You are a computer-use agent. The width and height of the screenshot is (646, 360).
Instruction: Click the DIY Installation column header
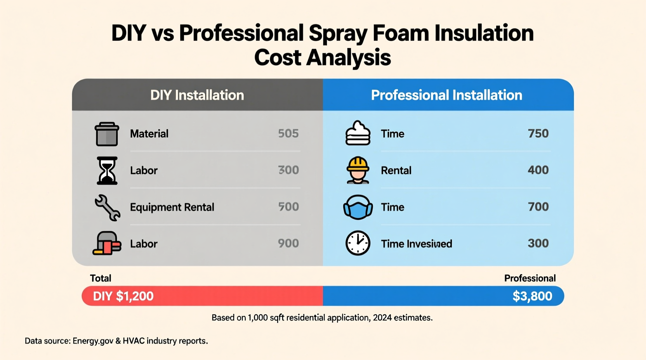(x=197, y=95)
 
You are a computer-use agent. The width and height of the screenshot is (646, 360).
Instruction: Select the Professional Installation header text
(x=446, y=95)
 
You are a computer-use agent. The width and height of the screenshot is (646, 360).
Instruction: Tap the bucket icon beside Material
(x=107, y=134)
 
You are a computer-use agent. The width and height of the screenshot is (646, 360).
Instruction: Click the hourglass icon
(x=107, y=170)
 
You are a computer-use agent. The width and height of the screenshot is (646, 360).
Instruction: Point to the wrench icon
(x=108, y=207)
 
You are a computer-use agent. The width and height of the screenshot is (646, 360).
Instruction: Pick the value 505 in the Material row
(x=288, y=133)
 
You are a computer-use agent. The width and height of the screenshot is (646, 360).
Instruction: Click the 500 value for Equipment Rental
(x=288, y=207)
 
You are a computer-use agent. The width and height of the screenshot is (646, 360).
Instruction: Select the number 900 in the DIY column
(x=288, y=243)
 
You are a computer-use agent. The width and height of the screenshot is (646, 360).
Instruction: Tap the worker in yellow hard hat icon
(x=358, y=170)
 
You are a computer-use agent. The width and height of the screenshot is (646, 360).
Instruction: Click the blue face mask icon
(x=358, y=207)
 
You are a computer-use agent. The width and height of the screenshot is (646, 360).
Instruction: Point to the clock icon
(x=358, y=243)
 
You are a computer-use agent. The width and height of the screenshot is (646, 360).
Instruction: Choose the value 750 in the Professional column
(x=538, y=133)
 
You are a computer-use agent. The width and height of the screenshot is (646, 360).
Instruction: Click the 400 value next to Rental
(x=538, y=170)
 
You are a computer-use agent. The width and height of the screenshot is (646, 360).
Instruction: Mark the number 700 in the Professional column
(x=538, y=207)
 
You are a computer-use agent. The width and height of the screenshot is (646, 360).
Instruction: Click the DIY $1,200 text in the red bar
(x=123, y=296)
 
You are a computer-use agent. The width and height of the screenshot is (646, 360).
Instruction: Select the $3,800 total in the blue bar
(x=532, y=296)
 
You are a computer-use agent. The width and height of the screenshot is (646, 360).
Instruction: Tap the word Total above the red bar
(x=101, y=278)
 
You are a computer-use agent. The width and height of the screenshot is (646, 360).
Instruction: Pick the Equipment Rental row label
(x=172, y=207)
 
